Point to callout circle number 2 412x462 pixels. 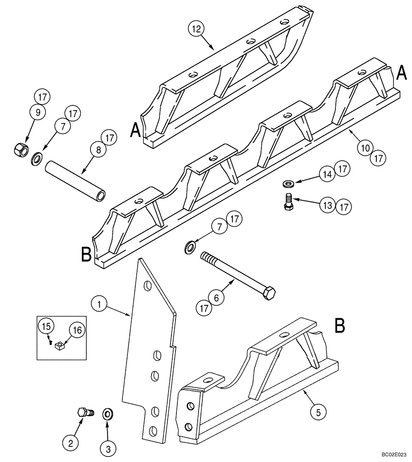[x=71, y=444]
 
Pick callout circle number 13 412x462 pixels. [x=327, y=204]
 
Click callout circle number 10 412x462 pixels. [x=365, y=147]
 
